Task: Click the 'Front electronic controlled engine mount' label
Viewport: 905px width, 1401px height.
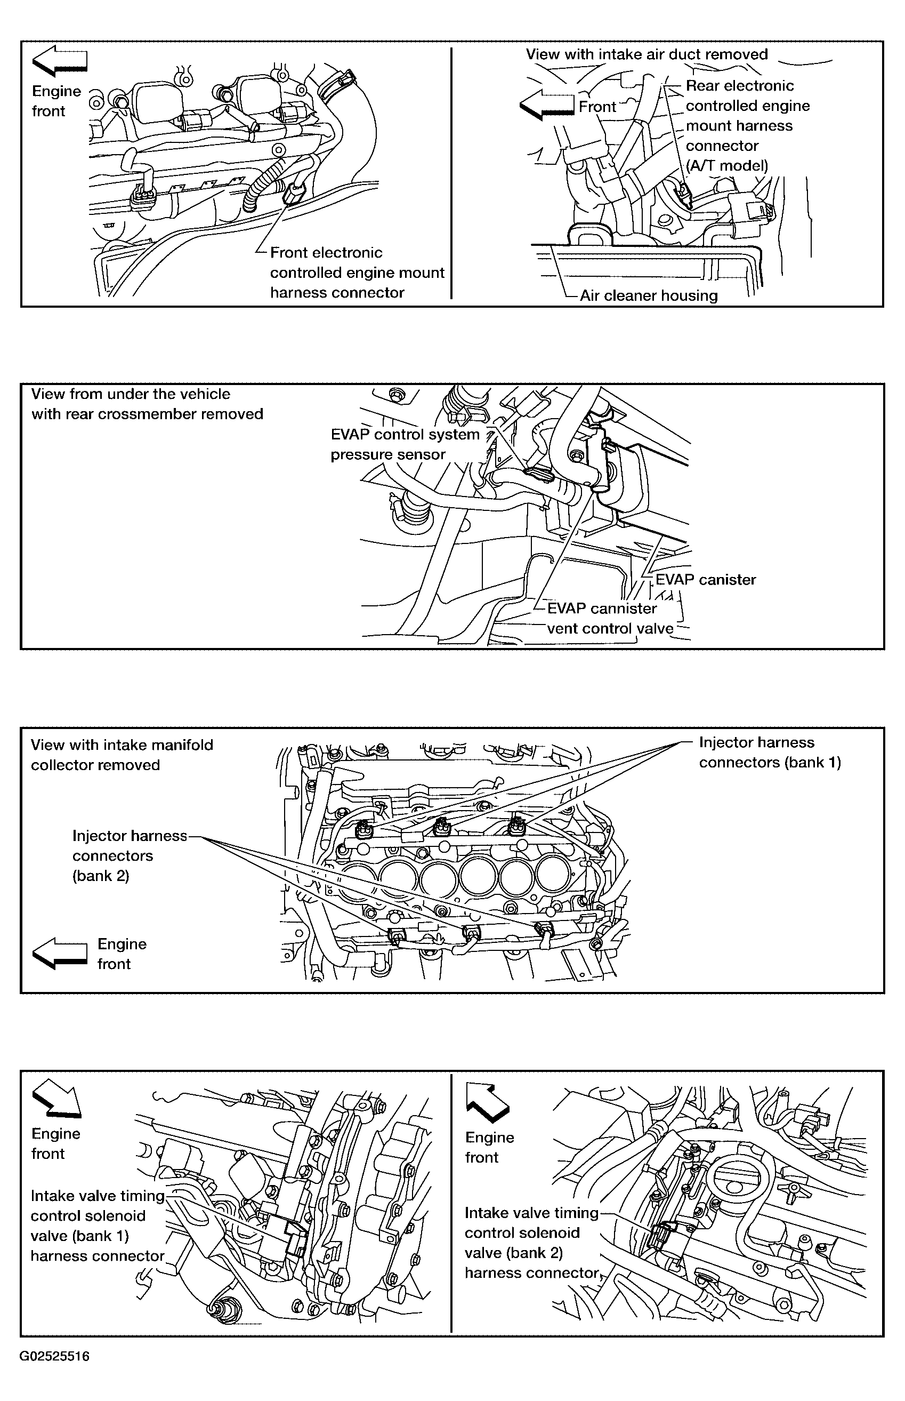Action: (x=357, y=272)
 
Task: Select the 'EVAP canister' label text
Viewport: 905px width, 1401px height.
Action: (x=705, y=580)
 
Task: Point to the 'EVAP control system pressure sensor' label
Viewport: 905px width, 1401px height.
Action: (x=405, y=444)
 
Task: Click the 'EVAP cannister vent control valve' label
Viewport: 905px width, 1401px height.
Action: (x=609, y=619)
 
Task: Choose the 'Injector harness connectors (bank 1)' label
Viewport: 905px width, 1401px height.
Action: (x=769, y=752)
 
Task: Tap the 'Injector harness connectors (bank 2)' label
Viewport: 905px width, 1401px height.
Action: (x=130, y=855)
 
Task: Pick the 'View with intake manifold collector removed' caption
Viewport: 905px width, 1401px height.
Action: (x=122, y=755)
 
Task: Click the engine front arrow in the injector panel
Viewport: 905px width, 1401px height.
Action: (x=59, y=953)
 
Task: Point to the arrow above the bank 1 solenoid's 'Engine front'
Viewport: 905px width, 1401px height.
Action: (x=57, y=1098)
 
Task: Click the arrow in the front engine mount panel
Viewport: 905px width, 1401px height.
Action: (x=59, y=61)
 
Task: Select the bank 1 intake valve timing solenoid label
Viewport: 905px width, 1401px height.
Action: (x=98, y=1226)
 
